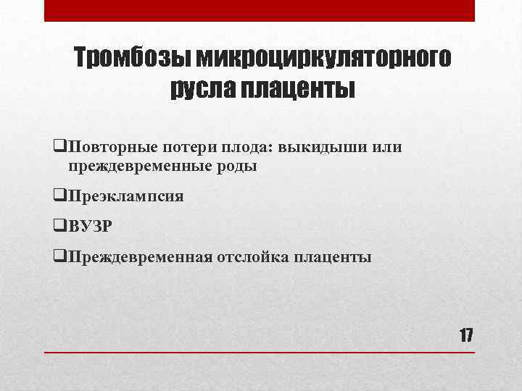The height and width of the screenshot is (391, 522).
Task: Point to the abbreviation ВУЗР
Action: (91, 227)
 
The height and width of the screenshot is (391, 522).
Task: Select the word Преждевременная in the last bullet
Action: (141, 257)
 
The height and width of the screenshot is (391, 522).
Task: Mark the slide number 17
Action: (465, 335)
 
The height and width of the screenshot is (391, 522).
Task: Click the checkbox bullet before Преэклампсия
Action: (59, 195)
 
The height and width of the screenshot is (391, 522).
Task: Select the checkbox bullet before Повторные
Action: (59, 147)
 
